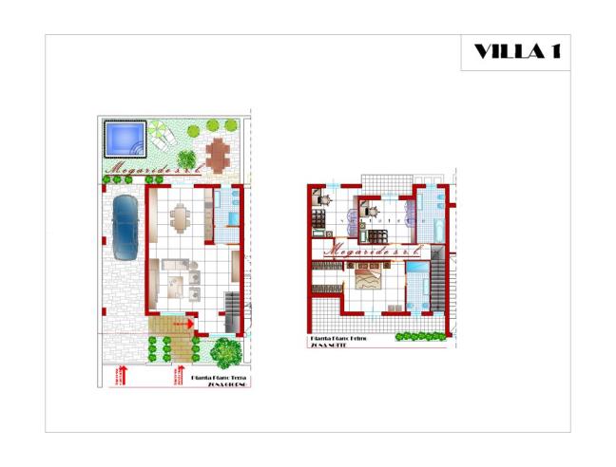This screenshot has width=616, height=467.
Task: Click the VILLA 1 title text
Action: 515,51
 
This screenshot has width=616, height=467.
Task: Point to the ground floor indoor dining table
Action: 180,219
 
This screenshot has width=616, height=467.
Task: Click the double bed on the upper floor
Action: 368,276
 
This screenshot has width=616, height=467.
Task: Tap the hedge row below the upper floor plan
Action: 419,336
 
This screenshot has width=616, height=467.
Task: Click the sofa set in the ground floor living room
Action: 180,276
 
